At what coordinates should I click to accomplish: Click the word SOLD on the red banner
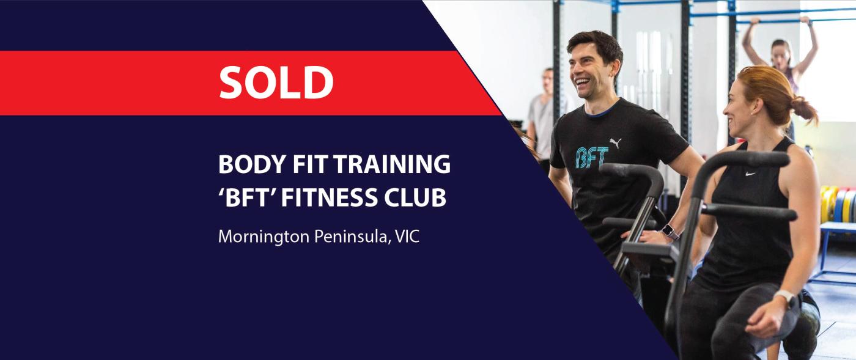click(x=276, y=82)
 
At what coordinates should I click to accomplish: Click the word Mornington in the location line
click(x=264, y=237)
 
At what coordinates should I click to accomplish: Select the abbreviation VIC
click(x=407, y=237)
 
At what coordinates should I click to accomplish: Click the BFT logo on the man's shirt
click(x=592, y=157)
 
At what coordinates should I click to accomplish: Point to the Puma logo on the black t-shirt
click(x=616, y=143)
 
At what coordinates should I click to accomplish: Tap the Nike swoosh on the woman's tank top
click(x=751, y=174)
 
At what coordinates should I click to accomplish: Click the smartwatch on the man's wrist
click(x=670, y=232)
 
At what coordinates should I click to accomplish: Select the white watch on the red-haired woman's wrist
click(x=786, y=298)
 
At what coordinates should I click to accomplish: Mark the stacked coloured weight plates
click(x=838, y=205)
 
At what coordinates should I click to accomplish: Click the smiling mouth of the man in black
click(x=582, y=82)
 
